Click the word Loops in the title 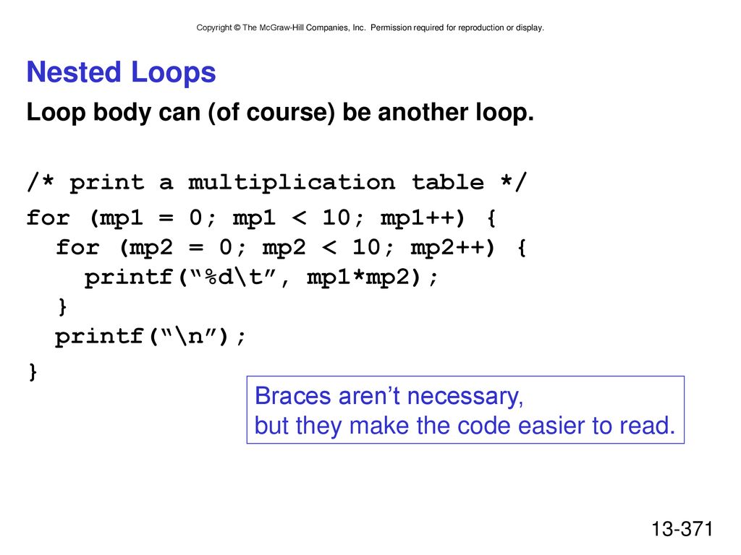point(173,73)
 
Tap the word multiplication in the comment point(292,183)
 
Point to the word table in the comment point(447,181)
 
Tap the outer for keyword point(48,218)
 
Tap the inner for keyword point(78,247)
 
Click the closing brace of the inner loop point(62,306)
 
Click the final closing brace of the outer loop point(33,372)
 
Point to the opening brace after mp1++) point(491,218)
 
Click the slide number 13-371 point(682,529)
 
